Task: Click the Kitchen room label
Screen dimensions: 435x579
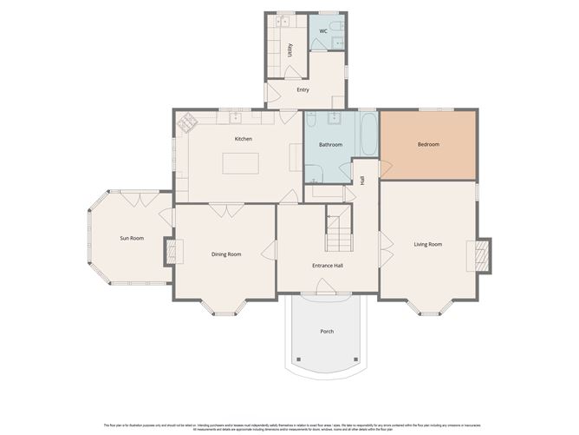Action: pos(243,139)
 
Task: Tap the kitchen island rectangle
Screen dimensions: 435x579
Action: pos(241,163)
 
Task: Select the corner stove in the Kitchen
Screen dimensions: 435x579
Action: pos(186,123)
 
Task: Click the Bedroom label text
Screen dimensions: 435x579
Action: pos(428,144)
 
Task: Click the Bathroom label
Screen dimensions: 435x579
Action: pos(330,144)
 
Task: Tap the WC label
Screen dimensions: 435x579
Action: pos(323,31)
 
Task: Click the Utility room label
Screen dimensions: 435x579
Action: pos(289,49)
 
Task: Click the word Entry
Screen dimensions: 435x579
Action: pos(303,89)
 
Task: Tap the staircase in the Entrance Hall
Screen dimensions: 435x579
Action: pos(338,233)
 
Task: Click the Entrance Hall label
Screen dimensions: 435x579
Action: pos(329,265)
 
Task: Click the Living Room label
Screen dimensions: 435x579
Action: pos(427,244)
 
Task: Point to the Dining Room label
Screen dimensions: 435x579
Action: pos(226,254)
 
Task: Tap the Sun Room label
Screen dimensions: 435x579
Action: pos(131,237)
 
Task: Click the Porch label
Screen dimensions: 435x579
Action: pos(327,331)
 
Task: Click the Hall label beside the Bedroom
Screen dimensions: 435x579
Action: pos(361,180)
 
